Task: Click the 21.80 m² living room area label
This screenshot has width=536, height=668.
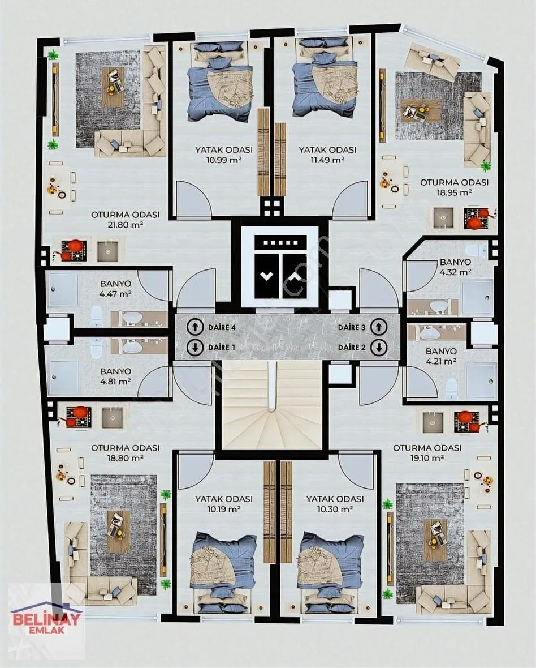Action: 126,225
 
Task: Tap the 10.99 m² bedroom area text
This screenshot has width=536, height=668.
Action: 224,160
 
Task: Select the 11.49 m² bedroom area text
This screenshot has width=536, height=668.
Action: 327,160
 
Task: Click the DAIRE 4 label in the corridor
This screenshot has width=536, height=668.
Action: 222,328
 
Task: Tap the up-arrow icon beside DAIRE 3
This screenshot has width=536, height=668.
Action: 379,327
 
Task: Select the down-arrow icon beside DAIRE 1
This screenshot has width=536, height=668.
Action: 195,347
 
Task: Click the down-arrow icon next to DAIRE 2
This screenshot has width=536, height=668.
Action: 379,348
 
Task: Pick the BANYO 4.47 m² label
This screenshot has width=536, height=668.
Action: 115,288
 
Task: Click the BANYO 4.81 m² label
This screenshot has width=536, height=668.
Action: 115,376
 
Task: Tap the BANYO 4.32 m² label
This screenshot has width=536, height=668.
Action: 455,267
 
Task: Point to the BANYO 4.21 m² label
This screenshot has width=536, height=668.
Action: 441,356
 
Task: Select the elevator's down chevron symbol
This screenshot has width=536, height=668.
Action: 266,276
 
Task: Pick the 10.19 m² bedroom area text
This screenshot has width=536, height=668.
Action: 224,509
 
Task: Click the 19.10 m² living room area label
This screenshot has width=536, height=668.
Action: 427,459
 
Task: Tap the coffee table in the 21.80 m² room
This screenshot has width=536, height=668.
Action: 113,87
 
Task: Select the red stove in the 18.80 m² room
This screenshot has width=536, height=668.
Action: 78,416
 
